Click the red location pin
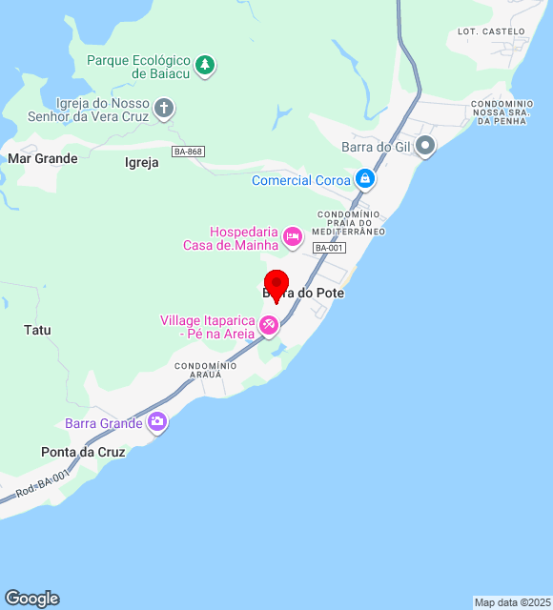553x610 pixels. tap(276, 285)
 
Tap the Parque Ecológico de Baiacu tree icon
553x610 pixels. tap(205, 66)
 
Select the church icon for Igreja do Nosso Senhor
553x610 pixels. tap(164, 108)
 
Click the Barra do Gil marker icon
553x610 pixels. tap(425, 146)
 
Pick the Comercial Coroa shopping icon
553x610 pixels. tap(364, 178)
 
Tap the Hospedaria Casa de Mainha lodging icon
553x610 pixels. tap(293, 234)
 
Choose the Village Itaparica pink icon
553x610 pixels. tap(270, 326)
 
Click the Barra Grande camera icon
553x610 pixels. tap(157, 421)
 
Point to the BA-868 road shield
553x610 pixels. tap(188, 152)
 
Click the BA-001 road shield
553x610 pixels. tap(329, 248)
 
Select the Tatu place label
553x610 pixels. tap(37, 331)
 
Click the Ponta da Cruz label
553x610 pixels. tap(83, 452)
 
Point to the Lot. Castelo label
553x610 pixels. tap(491, 31)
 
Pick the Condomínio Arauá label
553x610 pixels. tap(205, 370)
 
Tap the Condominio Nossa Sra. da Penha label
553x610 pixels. tap(507, 112)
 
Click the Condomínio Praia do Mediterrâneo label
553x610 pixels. tap(351, 223)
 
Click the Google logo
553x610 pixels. tap(31, 598)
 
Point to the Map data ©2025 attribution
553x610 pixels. tap(512, 602)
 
